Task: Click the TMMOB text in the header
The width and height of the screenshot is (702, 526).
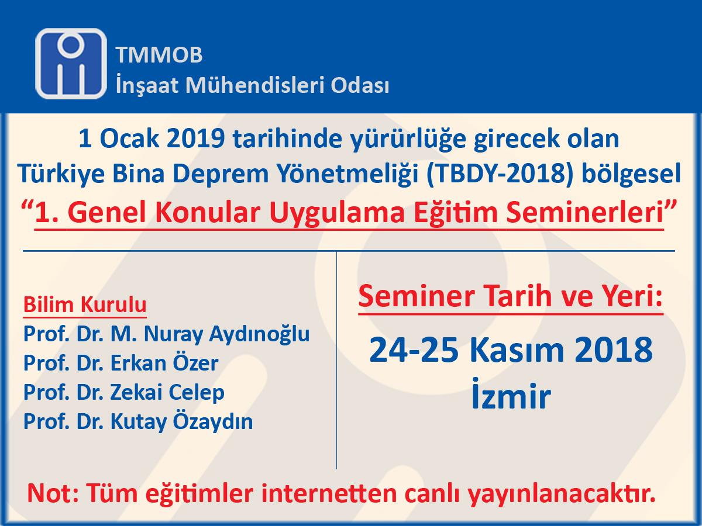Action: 159,54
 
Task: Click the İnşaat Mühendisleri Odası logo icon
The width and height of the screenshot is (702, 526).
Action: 71,64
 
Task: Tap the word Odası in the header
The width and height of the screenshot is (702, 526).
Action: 360,85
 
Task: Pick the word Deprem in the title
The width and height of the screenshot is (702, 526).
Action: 221,174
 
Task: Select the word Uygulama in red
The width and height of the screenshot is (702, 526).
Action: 338,213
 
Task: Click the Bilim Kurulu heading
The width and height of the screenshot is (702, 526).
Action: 85,305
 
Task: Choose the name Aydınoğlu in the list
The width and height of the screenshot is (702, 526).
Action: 259,335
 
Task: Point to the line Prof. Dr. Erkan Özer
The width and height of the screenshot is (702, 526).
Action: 121,363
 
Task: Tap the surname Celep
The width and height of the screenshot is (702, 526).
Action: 196,393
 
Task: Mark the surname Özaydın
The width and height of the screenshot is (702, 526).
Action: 213,421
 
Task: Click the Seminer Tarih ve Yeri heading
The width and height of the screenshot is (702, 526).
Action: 511,297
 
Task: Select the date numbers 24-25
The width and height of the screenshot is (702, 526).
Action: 414,349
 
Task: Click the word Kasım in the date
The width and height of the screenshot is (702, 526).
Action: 517,349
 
